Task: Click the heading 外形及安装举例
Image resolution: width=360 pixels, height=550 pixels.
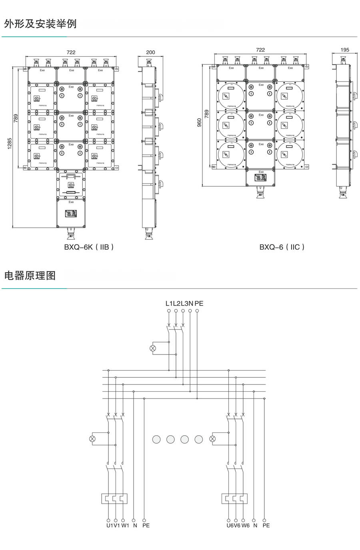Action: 40,24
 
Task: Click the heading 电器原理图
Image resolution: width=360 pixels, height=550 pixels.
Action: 30,275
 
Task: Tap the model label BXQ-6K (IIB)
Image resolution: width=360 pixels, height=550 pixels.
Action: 89,247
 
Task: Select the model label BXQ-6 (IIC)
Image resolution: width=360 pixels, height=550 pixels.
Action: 282,247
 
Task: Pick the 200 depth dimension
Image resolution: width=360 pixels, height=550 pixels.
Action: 150,52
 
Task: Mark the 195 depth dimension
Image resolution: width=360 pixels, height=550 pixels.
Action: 345,50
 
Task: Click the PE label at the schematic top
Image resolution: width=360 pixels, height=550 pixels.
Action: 199,303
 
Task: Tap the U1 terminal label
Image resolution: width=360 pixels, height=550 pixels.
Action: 109,525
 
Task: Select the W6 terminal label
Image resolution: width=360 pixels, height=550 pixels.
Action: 245,525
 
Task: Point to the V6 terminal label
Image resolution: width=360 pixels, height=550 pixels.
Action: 237,525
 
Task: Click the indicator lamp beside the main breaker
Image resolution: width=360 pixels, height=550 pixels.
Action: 152,348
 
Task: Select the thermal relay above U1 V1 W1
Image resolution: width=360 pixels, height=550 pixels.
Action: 114,498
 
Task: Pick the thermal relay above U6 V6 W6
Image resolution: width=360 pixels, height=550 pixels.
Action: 235,498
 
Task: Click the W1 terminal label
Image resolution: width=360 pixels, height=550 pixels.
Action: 125,525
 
